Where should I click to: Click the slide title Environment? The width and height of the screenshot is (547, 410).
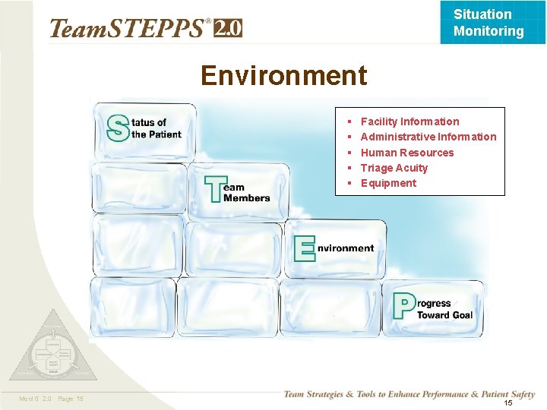[x=283, y=76]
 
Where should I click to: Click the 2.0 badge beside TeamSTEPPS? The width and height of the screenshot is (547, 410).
[x=228, y=28]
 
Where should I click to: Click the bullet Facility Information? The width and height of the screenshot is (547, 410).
[x=409, y=121]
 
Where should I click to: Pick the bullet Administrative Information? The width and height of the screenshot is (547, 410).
[x=428, y=137]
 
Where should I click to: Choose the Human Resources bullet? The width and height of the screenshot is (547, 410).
[x=406, y=153]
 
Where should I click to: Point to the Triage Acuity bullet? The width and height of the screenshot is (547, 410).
[x=394, y=168]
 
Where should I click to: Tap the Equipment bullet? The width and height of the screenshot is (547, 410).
[x=388, y=183]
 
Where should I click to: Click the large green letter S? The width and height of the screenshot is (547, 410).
[x=117, y=128]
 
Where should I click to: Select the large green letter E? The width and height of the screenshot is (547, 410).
[x=304, y=248]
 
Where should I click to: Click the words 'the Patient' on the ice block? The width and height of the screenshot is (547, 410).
[x=157, y=135]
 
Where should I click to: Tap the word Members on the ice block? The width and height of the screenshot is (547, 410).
[x=247, y=198]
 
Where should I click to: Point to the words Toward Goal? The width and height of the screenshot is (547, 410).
[x=444, y=315]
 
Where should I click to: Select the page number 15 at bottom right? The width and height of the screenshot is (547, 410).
[x=508, y=402]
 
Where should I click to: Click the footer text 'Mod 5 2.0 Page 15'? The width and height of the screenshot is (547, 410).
[x=52, y=399]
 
